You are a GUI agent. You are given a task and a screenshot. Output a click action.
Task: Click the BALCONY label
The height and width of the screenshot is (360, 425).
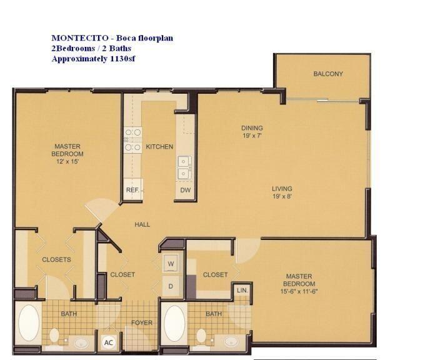(328, 74)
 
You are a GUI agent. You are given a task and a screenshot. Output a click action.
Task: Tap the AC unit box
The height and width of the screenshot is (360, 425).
(107, 342)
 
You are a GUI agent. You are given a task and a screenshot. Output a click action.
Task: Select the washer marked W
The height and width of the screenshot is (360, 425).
(171, 264)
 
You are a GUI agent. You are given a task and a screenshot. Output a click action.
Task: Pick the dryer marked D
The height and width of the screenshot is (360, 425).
(171, 286)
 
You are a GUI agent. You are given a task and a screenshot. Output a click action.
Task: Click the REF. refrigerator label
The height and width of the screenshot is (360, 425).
(132, 189)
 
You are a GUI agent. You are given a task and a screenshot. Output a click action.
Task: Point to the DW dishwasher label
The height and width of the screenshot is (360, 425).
(185, 189)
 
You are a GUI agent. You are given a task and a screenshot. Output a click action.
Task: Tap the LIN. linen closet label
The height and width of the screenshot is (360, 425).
(241, 291)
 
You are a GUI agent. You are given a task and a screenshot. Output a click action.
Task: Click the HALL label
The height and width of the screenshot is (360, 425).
(142, 224)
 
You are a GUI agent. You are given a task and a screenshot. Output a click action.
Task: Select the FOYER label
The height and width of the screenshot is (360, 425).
(141, 322)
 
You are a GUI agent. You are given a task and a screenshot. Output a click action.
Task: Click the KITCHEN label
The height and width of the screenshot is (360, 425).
(159, 147)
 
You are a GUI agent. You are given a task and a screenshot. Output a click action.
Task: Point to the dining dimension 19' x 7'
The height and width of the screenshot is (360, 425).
(252, 136)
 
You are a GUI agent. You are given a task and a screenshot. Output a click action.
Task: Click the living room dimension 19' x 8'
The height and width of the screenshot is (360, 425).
(282, 196)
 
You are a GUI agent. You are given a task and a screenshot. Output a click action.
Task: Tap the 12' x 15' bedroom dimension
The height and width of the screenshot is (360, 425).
(67, 161)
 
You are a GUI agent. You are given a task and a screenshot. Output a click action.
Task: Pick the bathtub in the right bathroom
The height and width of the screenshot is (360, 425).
(175, 323)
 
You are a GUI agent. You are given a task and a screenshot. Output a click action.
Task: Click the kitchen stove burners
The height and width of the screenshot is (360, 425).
(132, 140)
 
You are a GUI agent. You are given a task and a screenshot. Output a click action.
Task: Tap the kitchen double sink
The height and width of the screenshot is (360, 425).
(184, 166)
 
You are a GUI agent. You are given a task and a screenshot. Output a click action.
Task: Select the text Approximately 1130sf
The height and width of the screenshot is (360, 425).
(94, 59)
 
